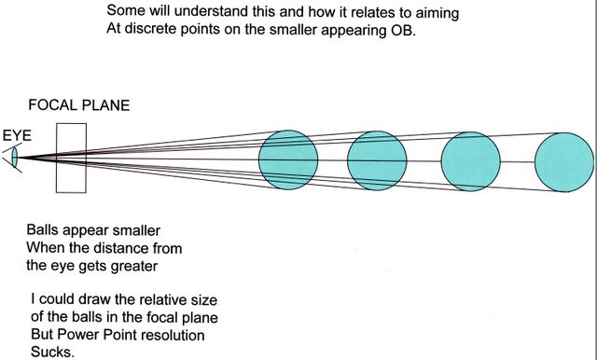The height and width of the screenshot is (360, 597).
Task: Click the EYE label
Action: point(17,135)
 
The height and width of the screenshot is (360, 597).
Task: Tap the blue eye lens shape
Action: point(15,158)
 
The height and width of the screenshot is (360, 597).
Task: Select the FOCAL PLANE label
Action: point(79,105)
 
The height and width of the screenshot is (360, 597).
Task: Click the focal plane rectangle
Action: point(56,158)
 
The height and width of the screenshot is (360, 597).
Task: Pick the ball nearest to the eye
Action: point(288,159)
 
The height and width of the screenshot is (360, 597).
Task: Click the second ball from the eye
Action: point(377,160)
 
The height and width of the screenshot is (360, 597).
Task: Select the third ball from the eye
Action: point(470,161)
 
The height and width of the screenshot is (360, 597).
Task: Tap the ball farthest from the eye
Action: point(564,162)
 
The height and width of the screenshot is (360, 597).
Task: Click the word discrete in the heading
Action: point(150,29)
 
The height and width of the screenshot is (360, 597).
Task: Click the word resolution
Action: point(168,335)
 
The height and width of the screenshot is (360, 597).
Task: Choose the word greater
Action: point(134,266)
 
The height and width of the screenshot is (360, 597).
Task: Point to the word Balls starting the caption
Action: point(42,229)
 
